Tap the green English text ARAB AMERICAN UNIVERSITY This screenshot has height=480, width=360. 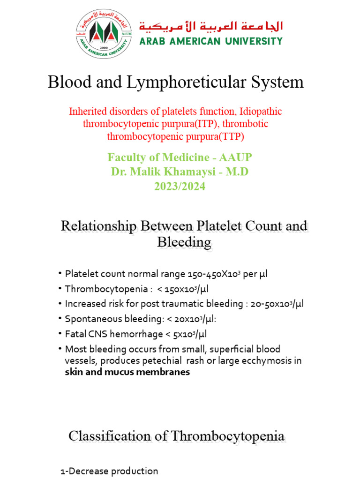click(x=211, y=41)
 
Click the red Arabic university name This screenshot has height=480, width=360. click(x=211, y=26)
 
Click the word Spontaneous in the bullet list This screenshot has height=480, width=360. click(x=91, y=319)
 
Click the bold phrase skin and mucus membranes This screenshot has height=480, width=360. click(x=127, y=372)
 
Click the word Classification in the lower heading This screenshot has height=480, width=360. click(x=112, y=436)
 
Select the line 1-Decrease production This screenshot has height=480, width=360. click(x=109, y=471)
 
